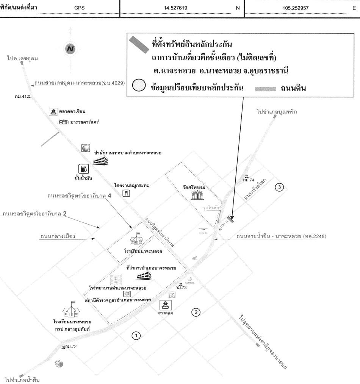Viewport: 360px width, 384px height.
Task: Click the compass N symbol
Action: click(70, 49)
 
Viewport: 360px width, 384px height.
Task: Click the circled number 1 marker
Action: click(136, 335)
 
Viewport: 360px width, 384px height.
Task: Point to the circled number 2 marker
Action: click(196, 312)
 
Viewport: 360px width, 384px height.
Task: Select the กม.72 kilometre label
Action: click(68, 347)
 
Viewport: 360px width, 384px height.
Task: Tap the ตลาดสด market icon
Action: click(165, 305)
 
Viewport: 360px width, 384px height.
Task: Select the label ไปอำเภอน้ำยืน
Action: click(22, 379)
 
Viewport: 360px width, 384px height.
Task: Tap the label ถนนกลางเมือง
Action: click(58, 236)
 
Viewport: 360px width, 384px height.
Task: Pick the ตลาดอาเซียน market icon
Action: click(53, 111)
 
